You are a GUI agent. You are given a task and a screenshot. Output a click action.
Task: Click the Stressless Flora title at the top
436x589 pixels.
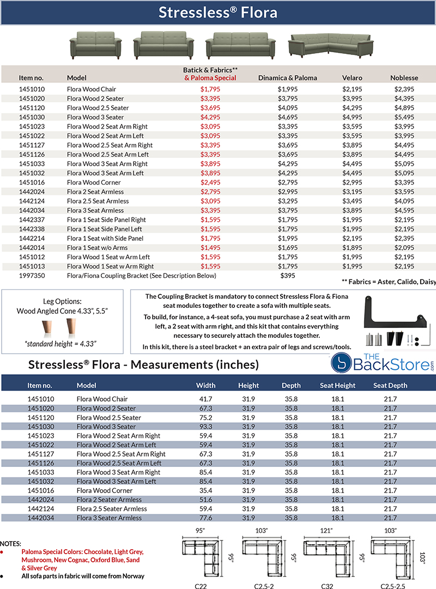[218, 13]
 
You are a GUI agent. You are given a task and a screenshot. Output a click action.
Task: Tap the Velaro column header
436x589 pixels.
[352, 78]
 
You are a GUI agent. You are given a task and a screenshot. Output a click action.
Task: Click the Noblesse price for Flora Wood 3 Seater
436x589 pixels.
[404, 117]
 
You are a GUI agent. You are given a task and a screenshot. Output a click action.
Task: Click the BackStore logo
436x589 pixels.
[384, 364]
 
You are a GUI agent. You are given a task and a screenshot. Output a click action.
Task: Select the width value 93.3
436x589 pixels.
[205, 427]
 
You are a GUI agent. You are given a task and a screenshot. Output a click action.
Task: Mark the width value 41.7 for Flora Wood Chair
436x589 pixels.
[205, 399]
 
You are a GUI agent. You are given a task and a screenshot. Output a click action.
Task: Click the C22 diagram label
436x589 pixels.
[202, 585]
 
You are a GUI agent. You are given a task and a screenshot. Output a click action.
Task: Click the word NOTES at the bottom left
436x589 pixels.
[10, 544]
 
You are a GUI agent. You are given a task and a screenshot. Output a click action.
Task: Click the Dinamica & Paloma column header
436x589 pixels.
[287, 78]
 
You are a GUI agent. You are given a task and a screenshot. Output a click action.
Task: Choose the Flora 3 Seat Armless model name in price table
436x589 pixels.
[95, 210]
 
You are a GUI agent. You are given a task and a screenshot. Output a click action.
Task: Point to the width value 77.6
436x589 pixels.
[205, 518]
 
